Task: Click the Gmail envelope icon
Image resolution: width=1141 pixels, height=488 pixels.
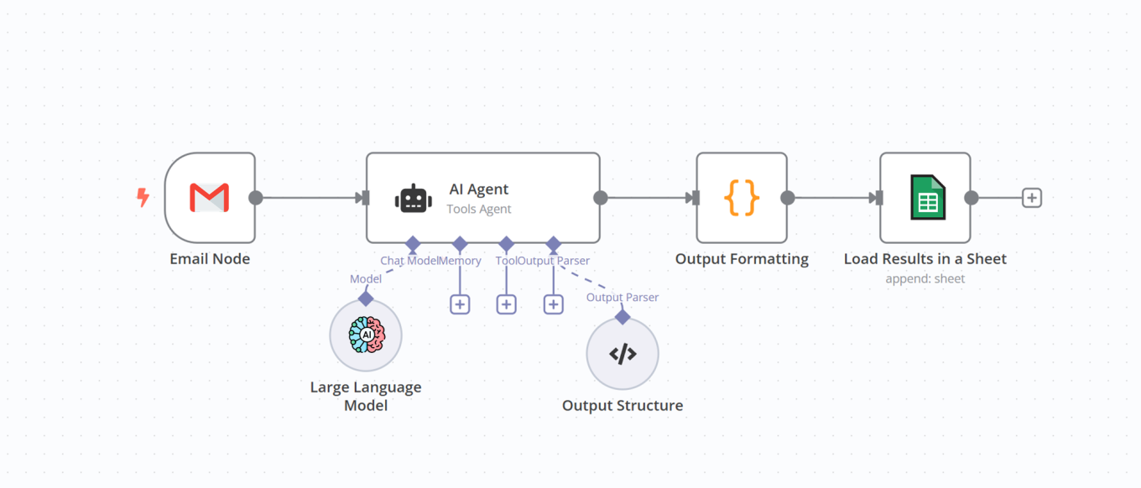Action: pyautogui.click(x=210, y=198)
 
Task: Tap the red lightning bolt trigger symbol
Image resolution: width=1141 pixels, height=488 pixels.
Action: pyautogui.click(x=143, y=198)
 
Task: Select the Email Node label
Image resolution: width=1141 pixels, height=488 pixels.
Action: pyautogui.click(x=210, y=259)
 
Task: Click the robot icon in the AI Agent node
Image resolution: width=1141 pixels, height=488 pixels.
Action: pyautogui.click(x=414, y=199)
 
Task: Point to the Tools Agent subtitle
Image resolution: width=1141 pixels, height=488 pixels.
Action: pyautogui.click(x=479, y=209)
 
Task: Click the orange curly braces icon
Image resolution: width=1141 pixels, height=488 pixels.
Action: pyautogui.click(x=742, y=198)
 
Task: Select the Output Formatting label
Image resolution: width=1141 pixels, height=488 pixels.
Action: pyautogui.click(x=742, y=259)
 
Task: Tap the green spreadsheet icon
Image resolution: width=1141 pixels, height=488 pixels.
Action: pyautogui.click(x=927, y=198)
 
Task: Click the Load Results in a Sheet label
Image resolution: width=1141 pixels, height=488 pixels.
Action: pyautogui.click(x=925, y=259)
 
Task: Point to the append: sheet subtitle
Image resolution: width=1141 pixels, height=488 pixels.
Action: pyautogui.click(x=925, y=278)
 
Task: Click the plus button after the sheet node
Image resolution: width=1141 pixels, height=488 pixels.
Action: pyautogui.click(x=1032, y=198)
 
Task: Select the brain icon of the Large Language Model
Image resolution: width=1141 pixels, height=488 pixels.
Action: pyautogui.click(x=367, y=335)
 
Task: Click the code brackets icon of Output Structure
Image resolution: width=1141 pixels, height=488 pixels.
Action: pyautogui.click(x=623, y=354)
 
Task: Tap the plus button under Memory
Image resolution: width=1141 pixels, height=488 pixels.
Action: pyautogui.click(x=460, y=304)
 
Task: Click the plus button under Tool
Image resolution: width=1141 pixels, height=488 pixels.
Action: pyautogui.click(x=506, y=304)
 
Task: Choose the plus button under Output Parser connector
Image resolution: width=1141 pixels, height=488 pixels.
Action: pyautogui.click(x=553, y=304)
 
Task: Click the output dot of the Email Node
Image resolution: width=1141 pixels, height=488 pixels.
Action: pyautogui.click(x=256, y=198)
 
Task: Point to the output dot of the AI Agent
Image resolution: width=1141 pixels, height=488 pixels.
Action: pyautogui.click(x=601, y=198)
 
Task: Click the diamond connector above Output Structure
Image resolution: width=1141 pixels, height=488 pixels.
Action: pyautogui.click(x=623, y=316)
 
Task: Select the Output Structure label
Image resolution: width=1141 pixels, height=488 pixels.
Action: pyautogui.click(x=623, y=406)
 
